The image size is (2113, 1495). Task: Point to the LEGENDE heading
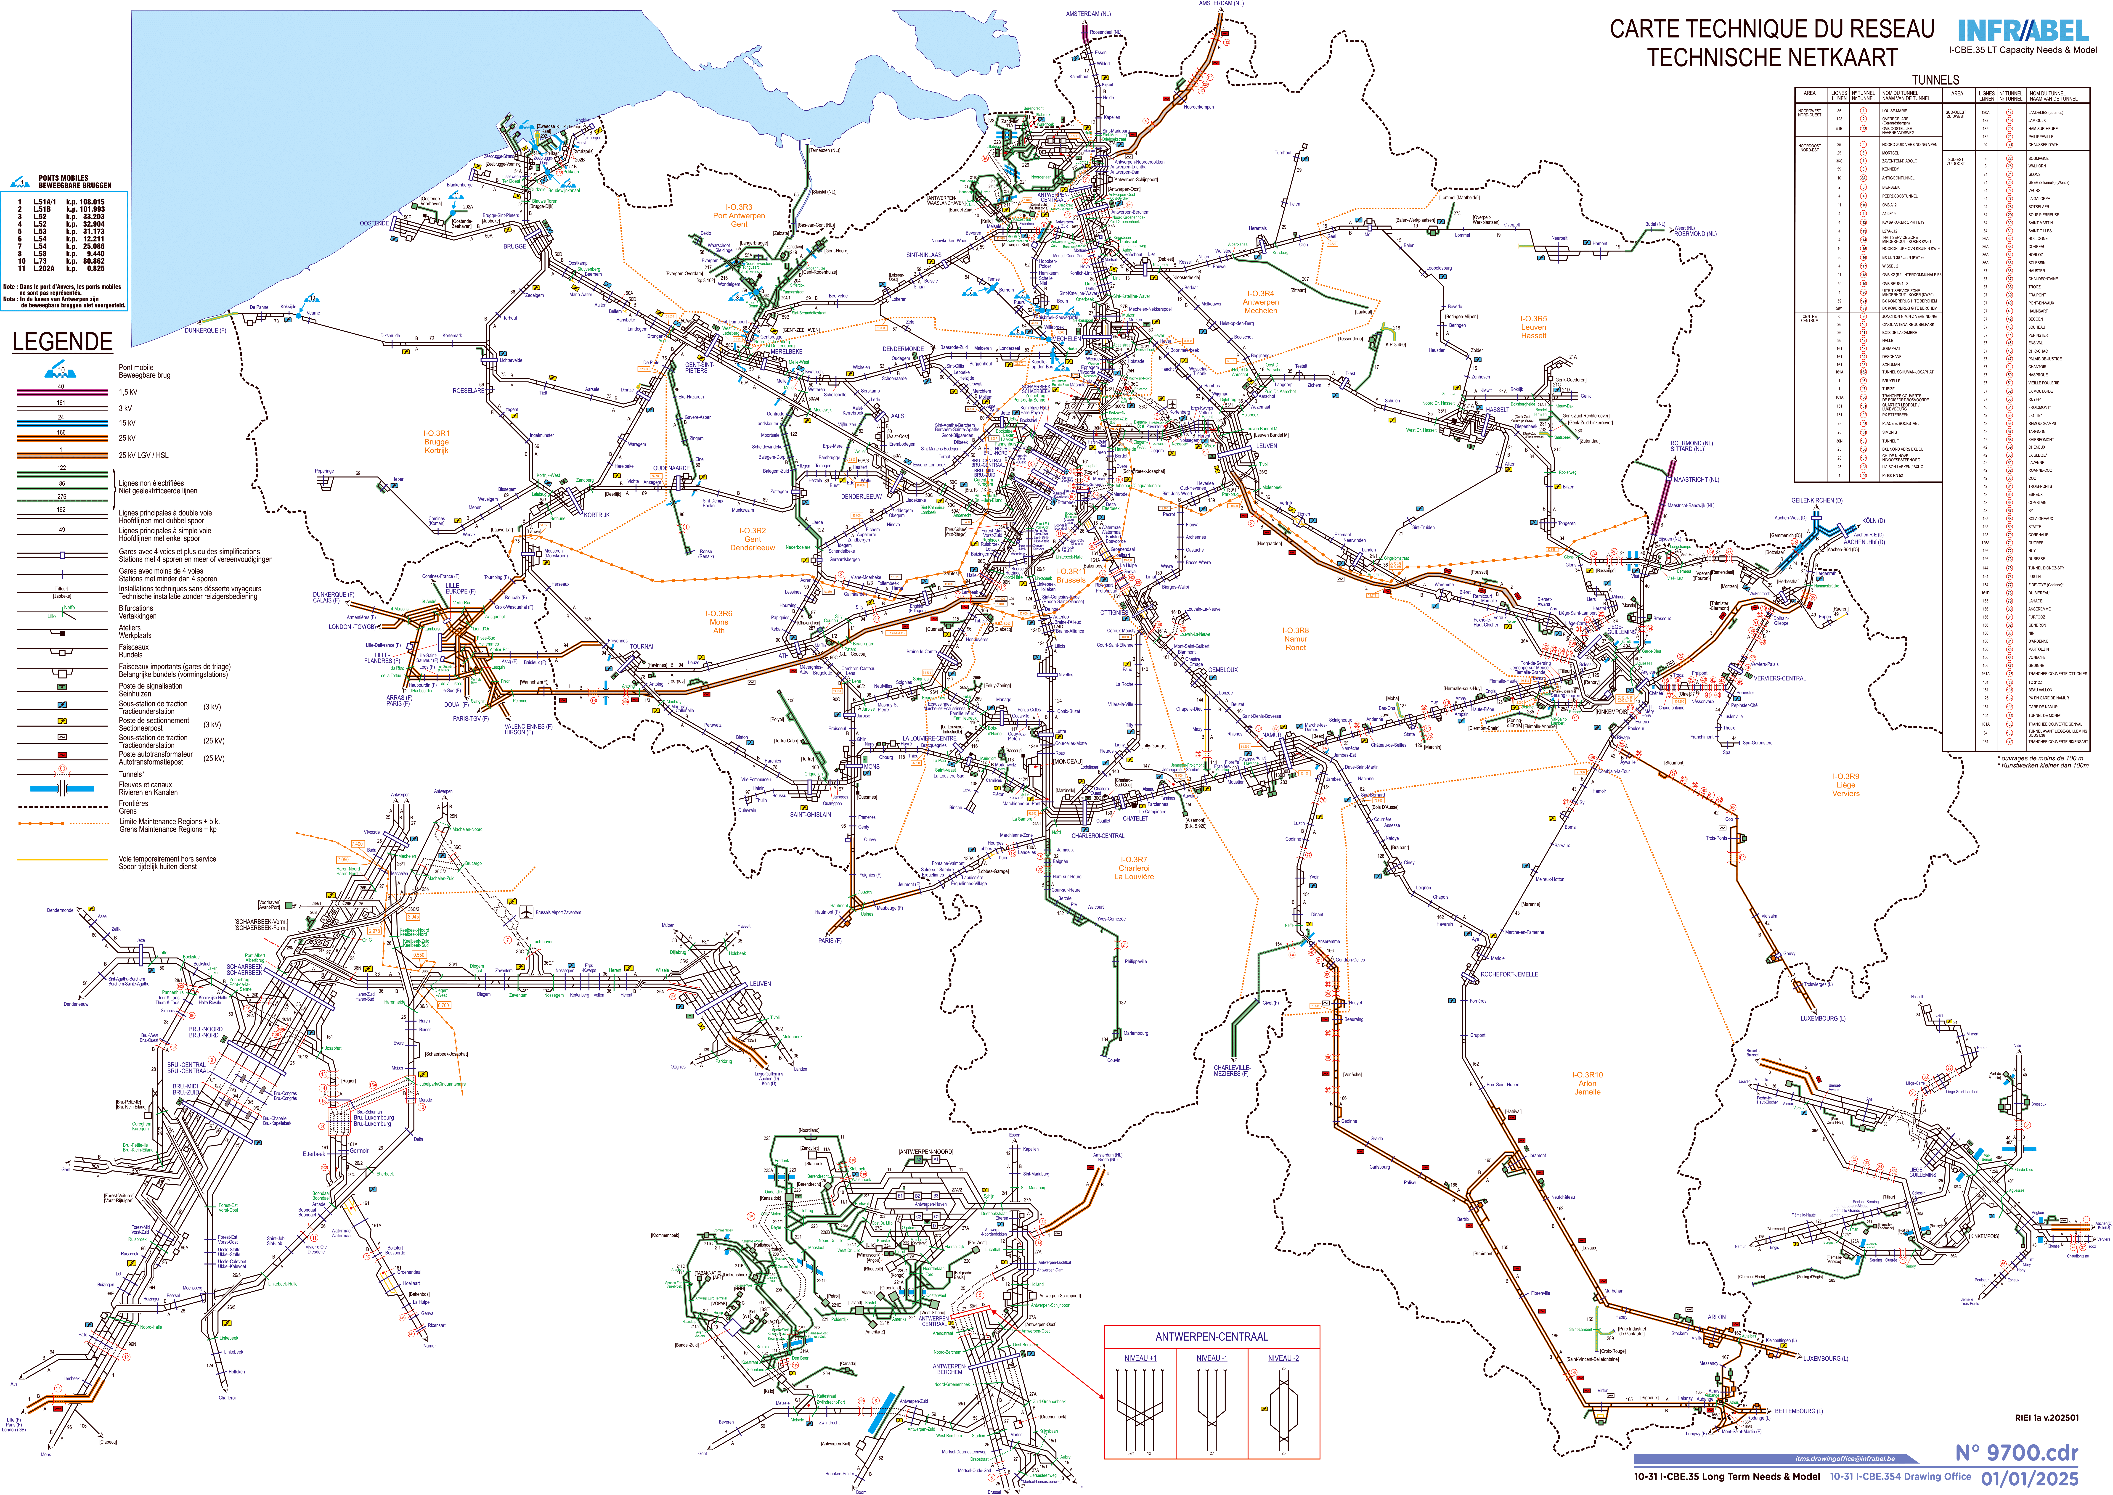click(62, 342)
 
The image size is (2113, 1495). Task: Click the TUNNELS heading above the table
click(1935, 80)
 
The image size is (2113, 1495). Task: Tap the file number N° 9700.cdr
click(2016, 1453)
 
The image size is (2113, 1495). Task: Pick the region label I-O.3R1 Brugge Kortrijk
click(436, 442)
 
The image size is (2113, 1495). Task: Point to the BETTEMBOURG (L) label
click(1799, 1410)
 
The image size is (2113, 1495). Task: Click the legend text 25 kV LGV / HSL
click(144, 455)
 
